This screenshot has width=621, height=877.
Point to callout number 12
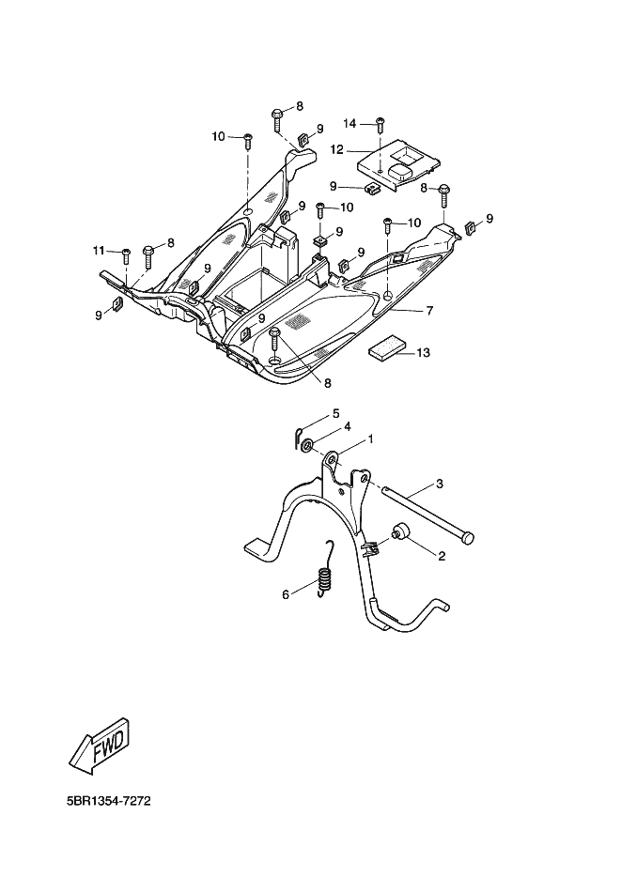coord(335,148)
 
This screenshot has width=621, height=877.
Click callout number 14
coord(349,123)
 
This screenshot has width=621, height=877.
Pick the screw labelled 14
coord(380,124)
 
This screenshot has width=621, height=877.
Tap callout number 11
coord(98,249)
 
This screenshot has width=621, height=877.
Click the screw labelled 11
coord(125,254)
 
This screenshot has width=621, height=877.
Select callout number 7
coord(428,310)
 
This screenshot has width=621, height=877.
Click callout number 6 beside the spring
coord(286,594)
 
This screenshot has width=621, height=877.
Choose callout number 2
coord(440,556)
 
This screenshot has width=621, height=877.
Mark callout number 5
coord(335,414)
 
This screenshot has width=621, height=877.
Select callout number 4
coord(347,426)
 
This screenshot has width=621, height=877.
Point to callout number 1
coord(370,438)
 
